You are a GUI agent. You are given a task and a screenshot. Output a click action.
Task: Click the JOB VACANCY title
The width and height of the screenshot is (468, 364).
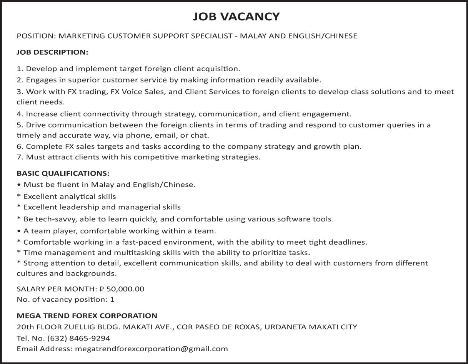click(236, 17)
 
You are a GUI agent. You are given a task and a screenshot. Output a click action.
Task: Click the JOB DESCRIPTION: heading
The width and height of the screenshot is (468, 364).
click(52, 52)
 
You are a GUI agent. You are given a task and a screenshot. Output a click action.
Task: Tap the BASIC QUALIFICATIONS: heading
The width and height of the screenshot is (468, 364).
click(63, 173)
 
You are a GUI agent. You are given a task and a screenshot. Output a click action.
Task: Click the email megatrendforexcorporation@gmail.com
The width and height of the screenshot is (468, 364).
click(152, 349)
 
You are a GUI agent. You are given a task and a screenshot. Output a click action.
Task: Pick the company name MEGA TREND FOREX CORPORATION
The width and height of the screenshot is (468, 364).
click(87, 316)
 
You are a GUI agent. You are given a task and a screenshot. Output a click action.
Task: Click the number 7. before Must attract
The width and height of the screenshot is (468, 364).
click(20, 157)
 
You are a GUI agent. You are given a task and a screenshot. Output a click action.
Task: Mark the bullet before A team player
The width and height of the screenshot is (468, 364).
click(19, 231)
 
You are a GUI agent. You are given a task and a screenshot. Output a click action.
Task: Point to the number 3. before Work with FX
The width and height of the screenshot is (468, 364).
click(20, 92)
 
